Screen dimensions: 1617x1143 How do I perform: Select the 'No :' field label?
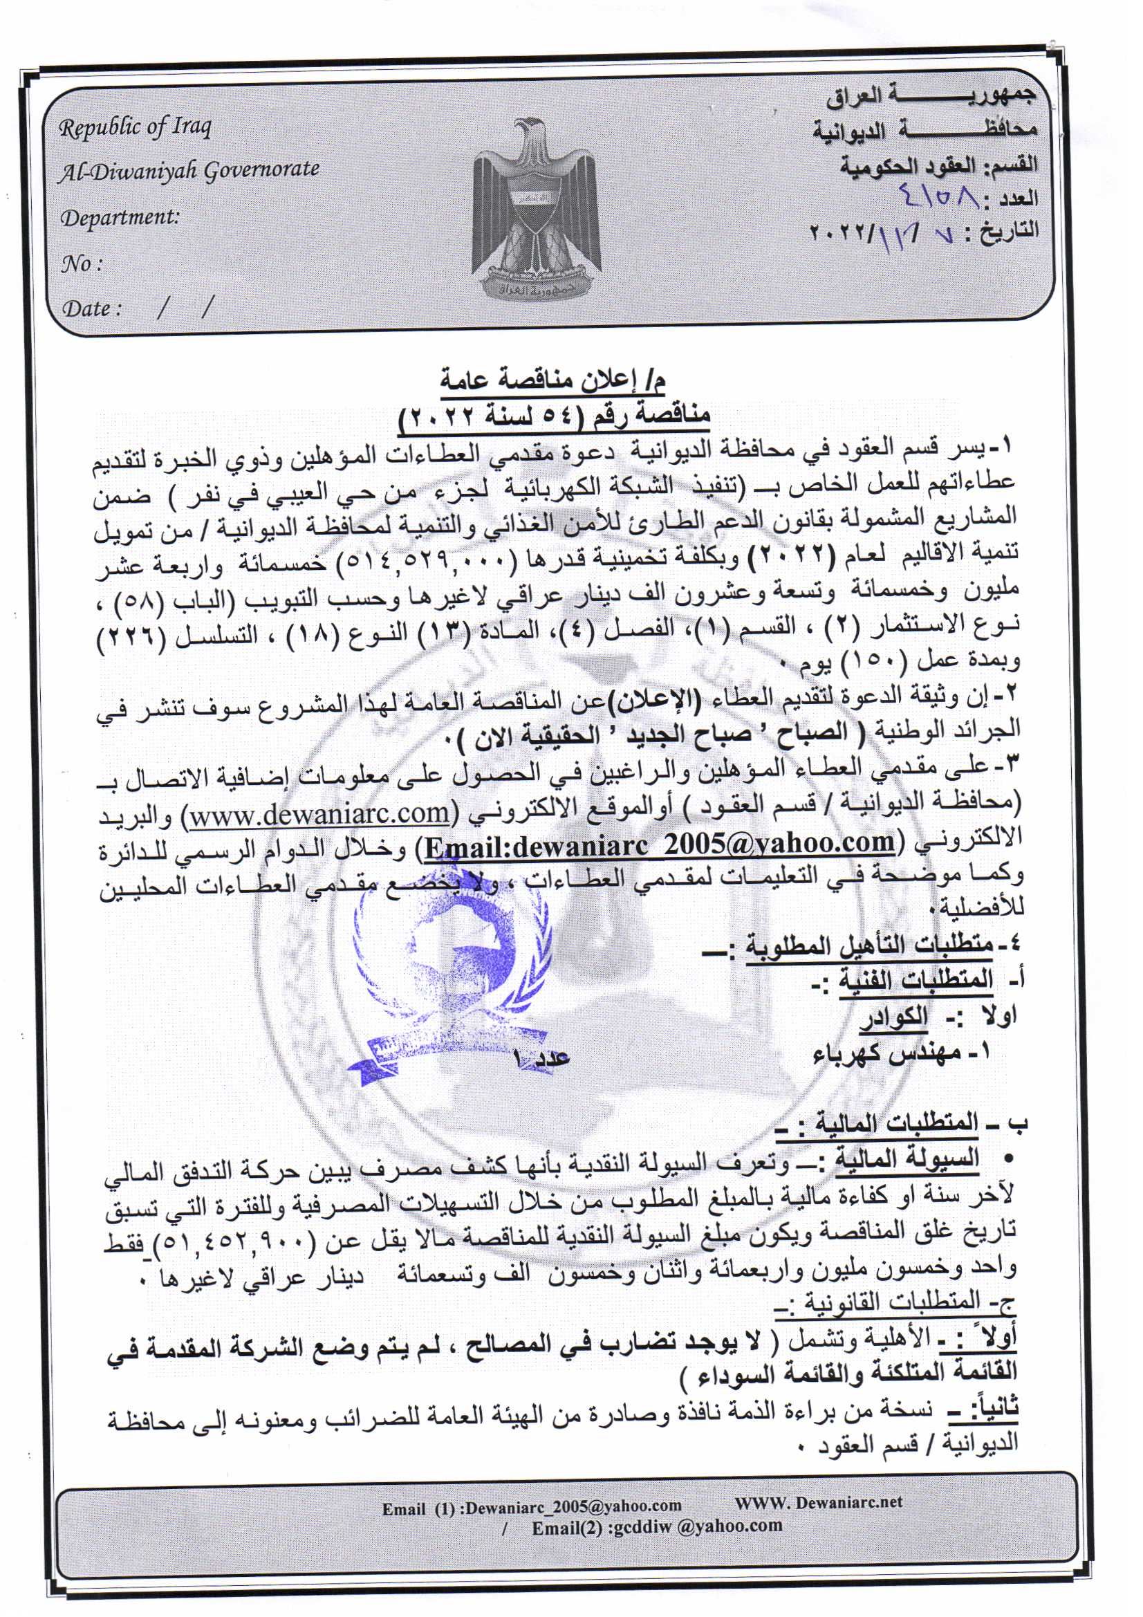click(x=82, y=264)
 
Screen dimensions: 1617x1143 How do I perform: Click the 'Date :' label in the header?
click(x=92, y=308)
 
